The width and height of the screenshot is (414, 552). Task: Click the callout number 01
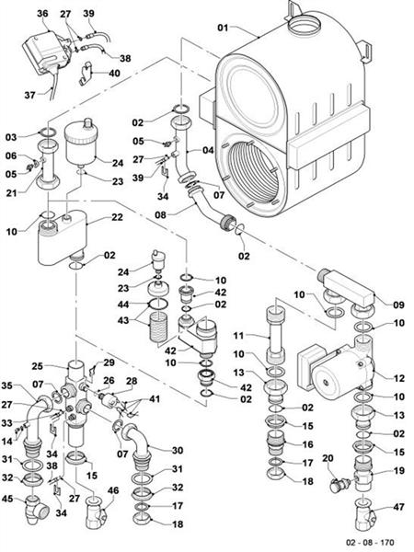(222, 29)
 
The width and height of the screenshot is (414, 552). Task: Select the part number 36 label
(42, 13)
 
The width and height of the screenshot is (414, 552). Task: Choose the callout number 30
(177, 450)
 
